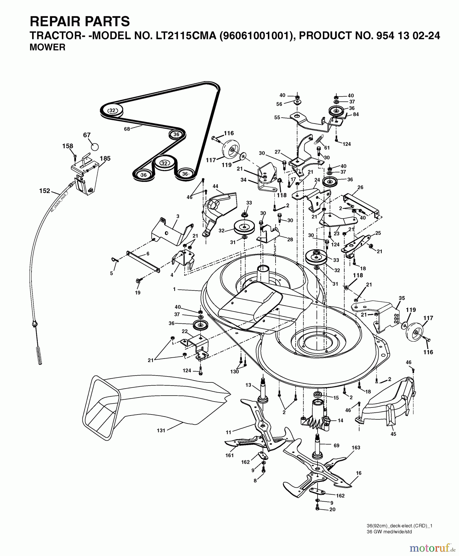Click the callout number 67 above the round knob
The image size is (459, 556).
pos(87,135)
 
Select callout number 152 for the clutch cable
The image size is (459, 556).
pos(44,191)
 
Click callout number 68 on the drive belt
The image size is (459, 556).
pos(127,129)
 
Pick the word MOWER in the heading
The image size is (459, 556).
pos(47,47)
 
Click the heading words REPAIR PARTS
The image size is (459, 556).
pos(80,22)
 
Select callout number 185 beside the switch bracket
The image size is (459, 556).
pos(105,158)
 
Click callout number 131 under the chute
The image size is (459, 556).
pos(161,430)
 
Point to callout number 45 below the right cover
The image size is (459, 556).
pos(393,434)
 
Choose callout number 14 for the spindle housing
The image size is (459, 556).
pos(340,420)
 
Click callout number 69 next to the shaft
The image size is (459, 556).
pos(336,445)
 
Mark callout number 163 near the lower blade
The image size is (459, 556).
pos(356,448)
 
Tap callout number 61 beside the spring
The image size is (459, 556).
pos(327,148)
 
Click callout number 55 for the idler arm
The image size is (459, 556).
pos(277,117)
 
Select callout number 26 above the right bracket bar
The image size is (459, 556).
pos(360,187)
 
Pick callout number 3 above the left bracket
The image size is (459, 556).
pos(178,216)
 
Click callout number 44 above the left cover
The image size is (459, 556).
pos(215,186)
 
